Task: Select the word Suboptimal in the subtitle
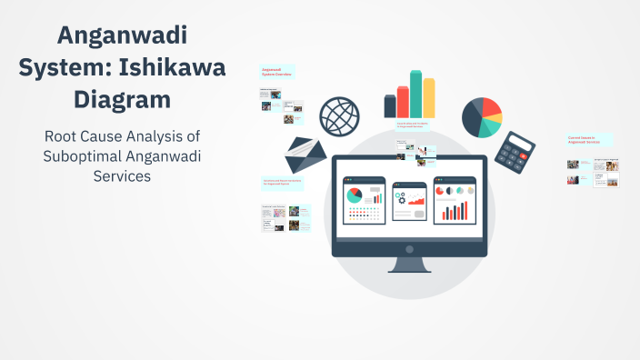(82, 156)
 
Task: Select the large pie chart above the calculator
(482, 116)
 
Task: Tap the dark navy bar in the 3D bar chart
(390, 106)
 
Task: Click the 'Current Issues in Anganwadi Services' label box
(588, 140)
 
